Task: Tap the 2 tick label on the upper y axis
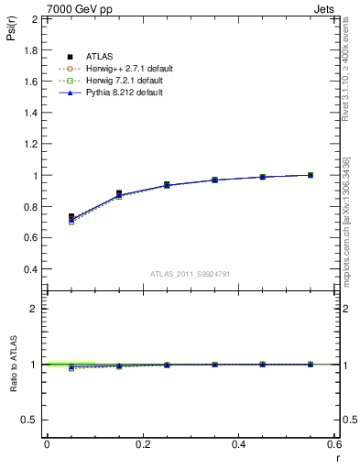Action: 34,18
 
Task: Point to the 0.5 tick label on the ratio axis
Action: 28,420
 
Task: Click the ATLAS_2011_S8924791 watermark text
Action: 191,273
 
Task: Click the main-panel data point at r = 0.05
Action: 71,217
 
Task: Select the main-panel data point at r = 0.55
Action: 311,175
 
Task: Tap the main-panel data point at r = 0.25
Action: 167,185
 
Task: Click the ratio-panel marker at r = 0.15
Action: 119,365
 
